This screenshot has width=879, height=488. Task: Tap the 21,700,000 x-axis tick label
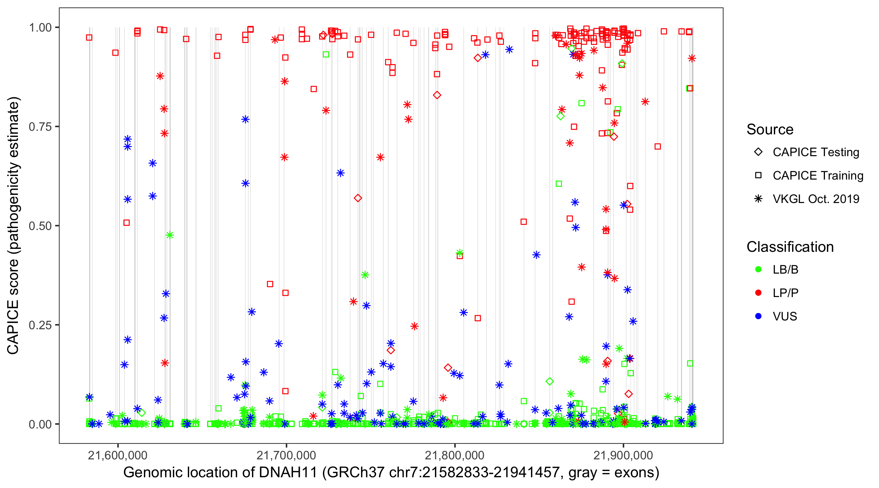click(286, 455)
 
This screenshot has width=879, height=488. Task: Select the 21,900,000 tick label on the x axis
click(623, 455)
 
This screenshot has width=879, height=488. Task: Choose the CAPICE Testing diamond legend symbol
click(758, 152)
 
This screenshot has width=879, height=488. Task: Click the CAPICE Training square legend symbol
click(758, 175)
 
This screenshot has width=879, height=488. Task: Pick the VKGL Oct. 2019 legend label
click(816, 199)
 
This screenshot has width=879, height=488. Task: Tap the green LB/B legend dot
click(758, 269)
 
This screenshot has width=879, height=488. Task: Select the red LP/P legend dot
click(758, 293)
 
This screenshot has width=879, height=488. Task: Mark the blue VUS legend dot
click(758, 316)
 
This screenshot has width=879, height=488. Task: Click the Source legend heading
click(770, 129)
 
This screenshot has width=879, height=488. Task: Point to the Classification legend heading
click(789, 247)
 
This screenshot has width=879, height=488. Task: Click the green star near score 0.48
click(170, 235)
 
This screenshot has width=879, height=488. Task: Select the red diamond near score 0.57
click(357, 198)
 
